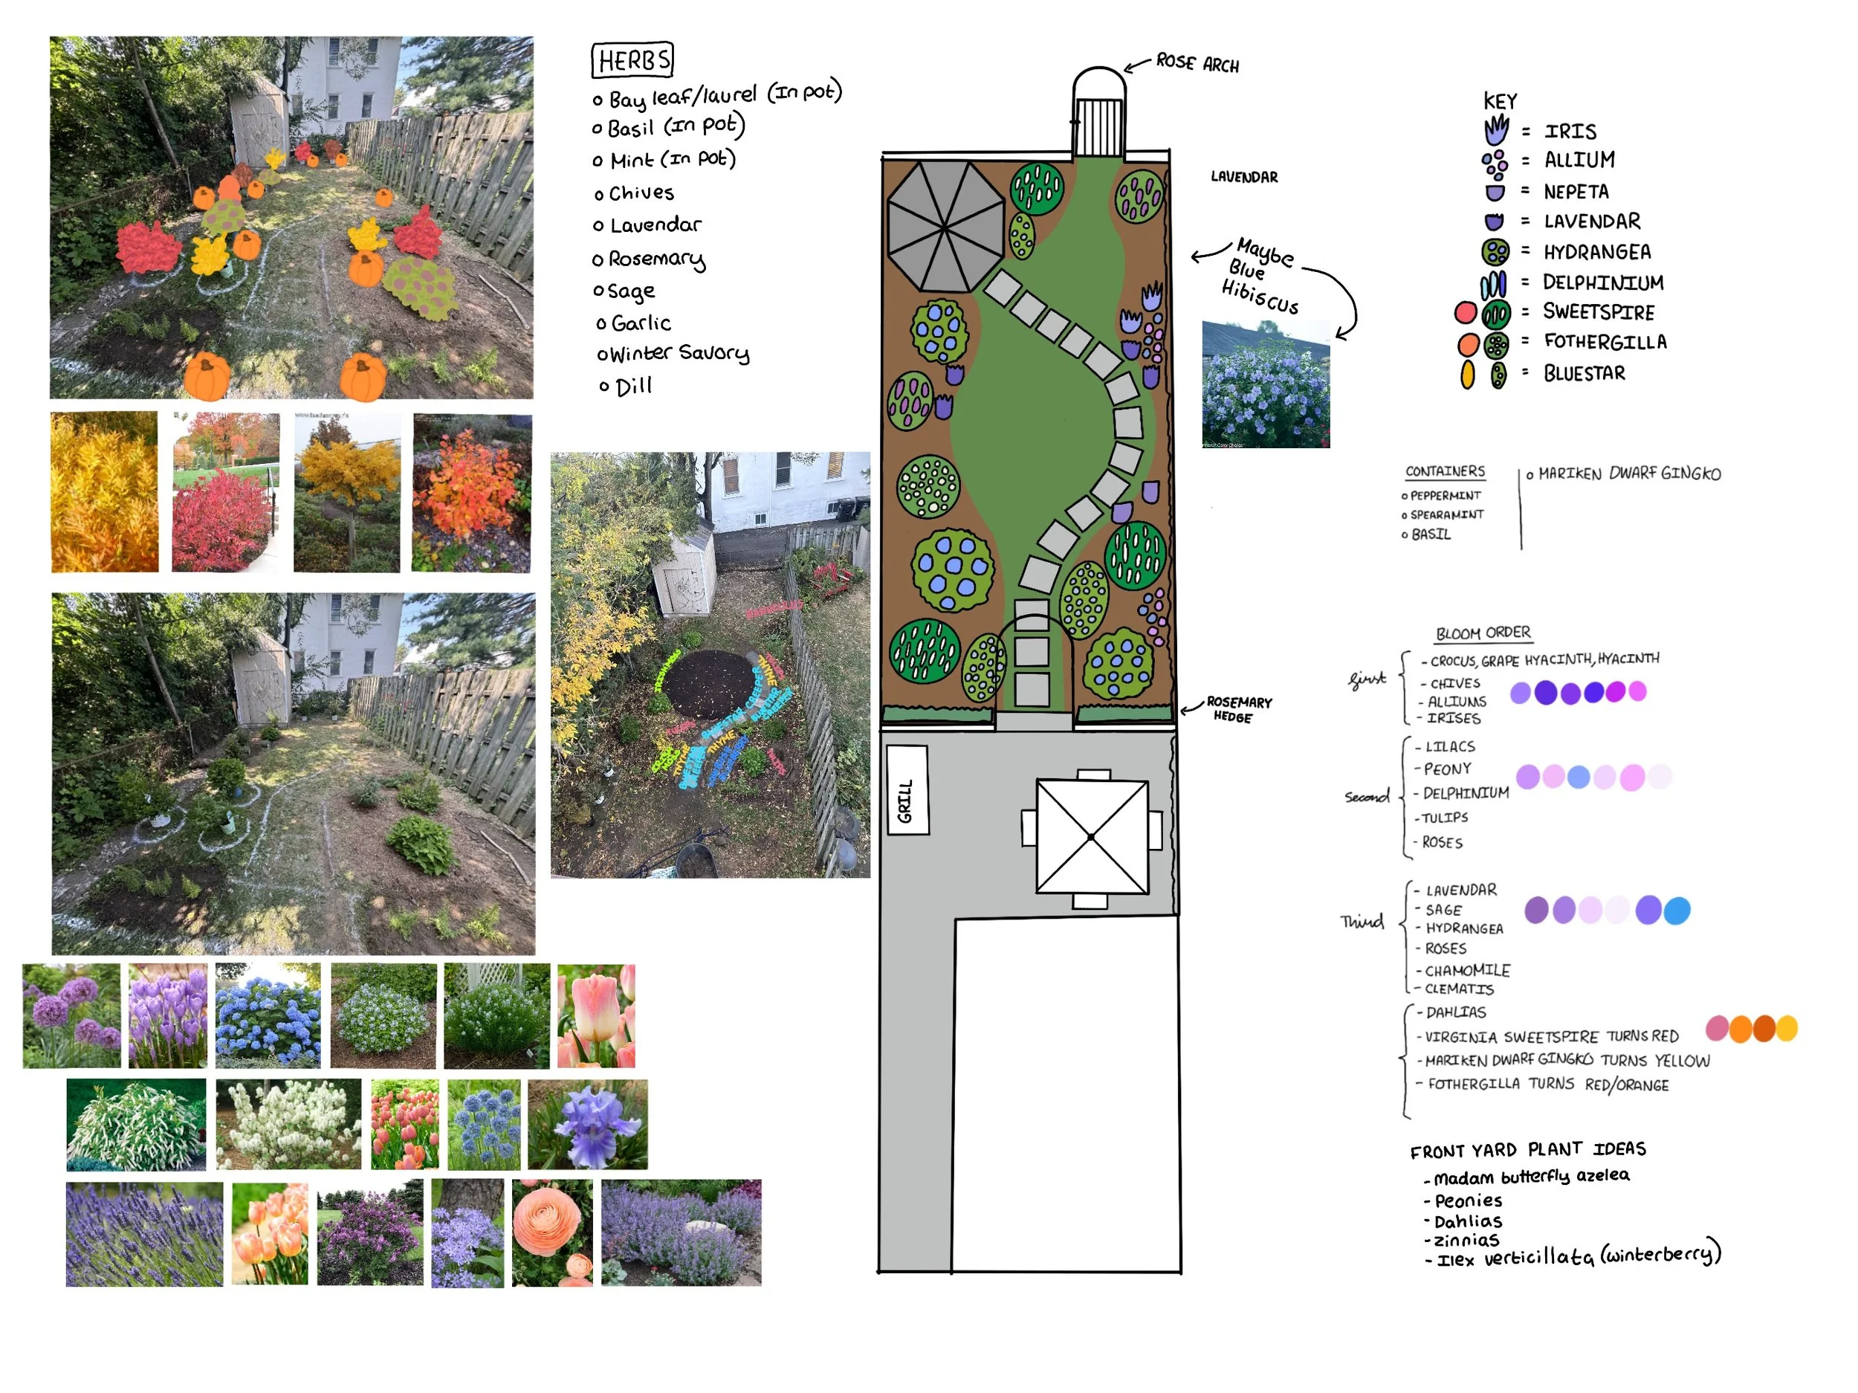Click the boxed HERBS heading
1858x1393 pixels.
(632, 60)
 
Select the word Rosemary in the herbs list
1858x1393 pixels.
(657, 259)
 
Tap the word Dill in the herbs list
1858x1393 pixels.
(633, 387)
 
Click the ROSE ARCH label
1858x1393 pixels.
(1197, 63)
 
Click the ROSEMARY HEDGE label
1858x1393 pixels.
(1238, 709)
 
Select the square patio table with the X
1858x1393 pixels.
(1091, 837)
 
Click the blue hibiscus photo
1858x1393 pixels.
(1266, 384)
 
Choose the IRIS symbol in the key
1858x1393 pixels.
(1495, 130)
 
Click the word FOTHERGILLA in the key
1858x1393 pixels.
(1605, 342)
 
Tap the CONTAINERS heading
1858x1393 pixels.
(1445, 471)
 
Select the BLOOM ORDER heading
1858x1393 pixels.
(1483, 633)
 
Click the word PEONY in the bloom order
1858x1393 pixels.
(1447, 769)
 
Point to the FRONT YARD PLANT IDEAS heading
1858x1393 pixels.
(1527, 1149)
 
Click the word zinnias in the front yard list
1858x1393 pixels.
(1466, 1240)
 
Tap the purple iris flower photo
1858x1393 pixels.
(588, 1124)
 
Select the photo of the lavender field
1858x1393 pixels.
(144, 1233)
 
